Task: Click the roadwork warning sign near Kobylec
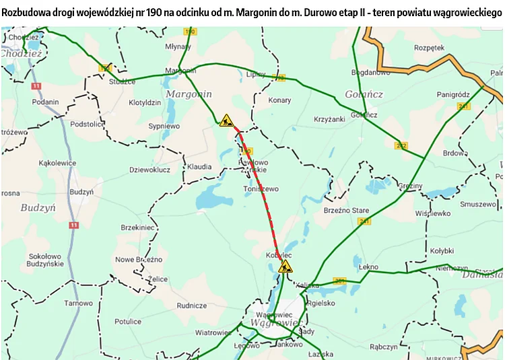(x=285, y=266)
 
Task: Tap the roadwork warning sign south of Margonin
(x=226, y=120)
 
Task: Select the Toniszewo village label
(x=260, y=189)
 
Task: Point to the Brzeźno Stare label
(x=346, y=211)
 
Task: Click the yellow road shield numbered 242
(x=401, y=145)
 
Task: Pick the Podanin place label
(x=45, y=102)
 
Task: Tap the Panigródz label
(x=452, y=94)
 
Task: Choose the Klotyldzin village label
(x=145, y=103)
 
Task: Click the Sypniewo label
(x=164, y=126)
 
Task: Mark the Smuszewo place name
(x=477, y=204)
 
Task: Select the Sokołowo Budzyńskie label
(x=45, y=260)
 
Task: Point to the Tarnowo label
(x=78, y=303)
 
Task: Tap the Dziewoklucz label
(x=149, y=170)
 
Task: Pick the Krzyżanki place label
(x=329, y=118)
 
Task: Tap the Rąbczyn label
(x=384, y=347)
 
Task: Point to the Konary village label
(x=279, y=100)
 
